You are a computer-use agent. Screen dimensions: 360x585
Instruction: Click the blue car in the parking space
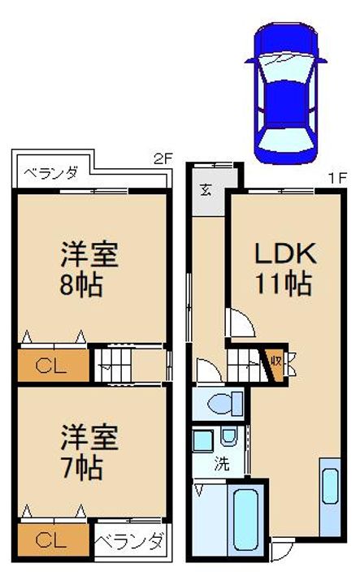click(286, 93)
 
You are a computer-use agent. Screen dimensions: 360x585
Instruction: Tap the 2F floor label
click(163, 159)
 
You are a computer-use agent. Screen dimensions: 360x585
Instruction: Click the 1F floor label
click(337, 178)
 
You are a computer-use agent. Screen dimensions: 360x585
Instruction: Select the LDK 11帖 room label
click(285, 268)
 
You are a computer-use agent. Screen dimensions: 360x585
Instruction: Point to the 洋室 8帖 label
click(89, 269)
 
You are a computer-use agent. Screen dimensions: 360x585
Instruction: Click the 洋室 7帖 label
click(89, 452)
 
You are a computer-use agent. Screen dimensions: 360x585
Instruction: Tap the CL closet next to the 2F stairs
click(54, 366)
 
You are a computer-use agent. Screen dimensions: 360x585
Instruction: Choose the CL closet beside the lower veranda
click(54, 539)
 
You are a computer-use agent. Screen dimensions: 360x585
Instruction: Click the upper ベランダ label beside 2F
click(51, 174)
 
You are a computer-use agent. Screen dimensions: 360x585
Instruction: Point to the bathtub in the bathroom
click(245, 520)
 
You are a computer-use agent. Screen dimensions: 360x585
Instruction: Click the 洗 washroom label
click(222, 464)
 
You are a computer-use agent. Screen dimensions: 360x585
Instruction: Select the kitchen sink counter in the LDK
click(330, 497)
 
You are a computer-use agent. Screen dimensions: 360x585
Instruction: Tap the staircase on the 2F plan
click(113, 366)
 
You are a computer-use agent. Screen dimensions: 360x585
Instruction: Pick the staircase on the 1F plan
click(247, 366)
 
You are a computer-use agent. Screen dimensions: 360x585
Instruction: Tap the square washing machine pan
click(203, 441)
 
